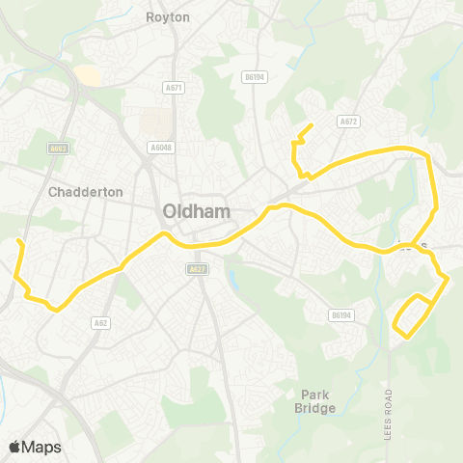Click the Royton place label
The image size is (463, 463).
pos(168,16)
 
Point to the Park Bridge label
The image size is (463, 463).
pos(317,401)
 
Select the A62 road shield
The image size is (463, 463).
pos(99,322)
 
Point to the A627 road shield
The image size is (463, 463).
pos(198,269)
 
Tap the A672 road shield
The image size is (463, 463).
pos(348,122)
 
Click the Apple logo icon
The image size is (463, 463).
pos(14,447)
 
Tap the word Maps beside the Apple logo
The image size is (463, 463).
pos(41,447)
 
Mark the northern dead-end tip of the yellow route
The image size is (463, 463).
pos(311,125)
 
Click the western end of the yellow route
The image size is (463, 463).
pos(20,241)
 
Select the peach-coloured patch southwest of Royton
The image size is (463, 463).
pos(87,74)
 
